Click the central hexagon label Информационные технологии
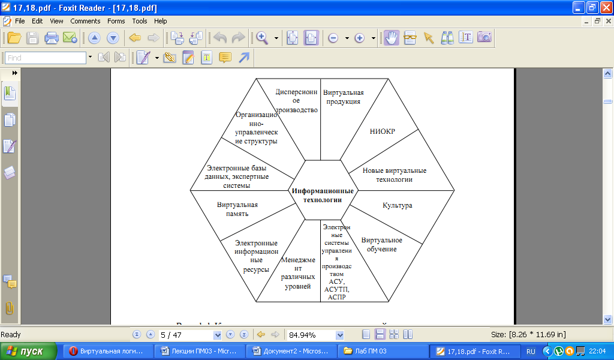pos(323,195)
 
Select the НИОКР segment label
pos(383,132)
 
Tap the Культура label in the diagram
pos(397,205)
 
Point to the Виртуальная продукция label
pos(343,97)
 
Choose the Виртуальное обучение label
pos(382,244)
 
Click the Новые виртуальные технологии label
pos(394,175)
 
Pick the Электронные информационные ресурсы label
pos(256,256)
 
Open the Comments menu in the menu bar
pos(85,21)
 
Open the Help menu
pos(160,21)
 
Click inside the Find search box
pos(46,58)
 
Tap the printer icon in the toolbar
pos(52,38)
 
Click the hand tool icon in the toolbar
pos(392,38)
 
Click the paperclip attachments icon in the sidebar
pos(10,308)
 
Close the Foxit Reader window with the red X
pos(605,8)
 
